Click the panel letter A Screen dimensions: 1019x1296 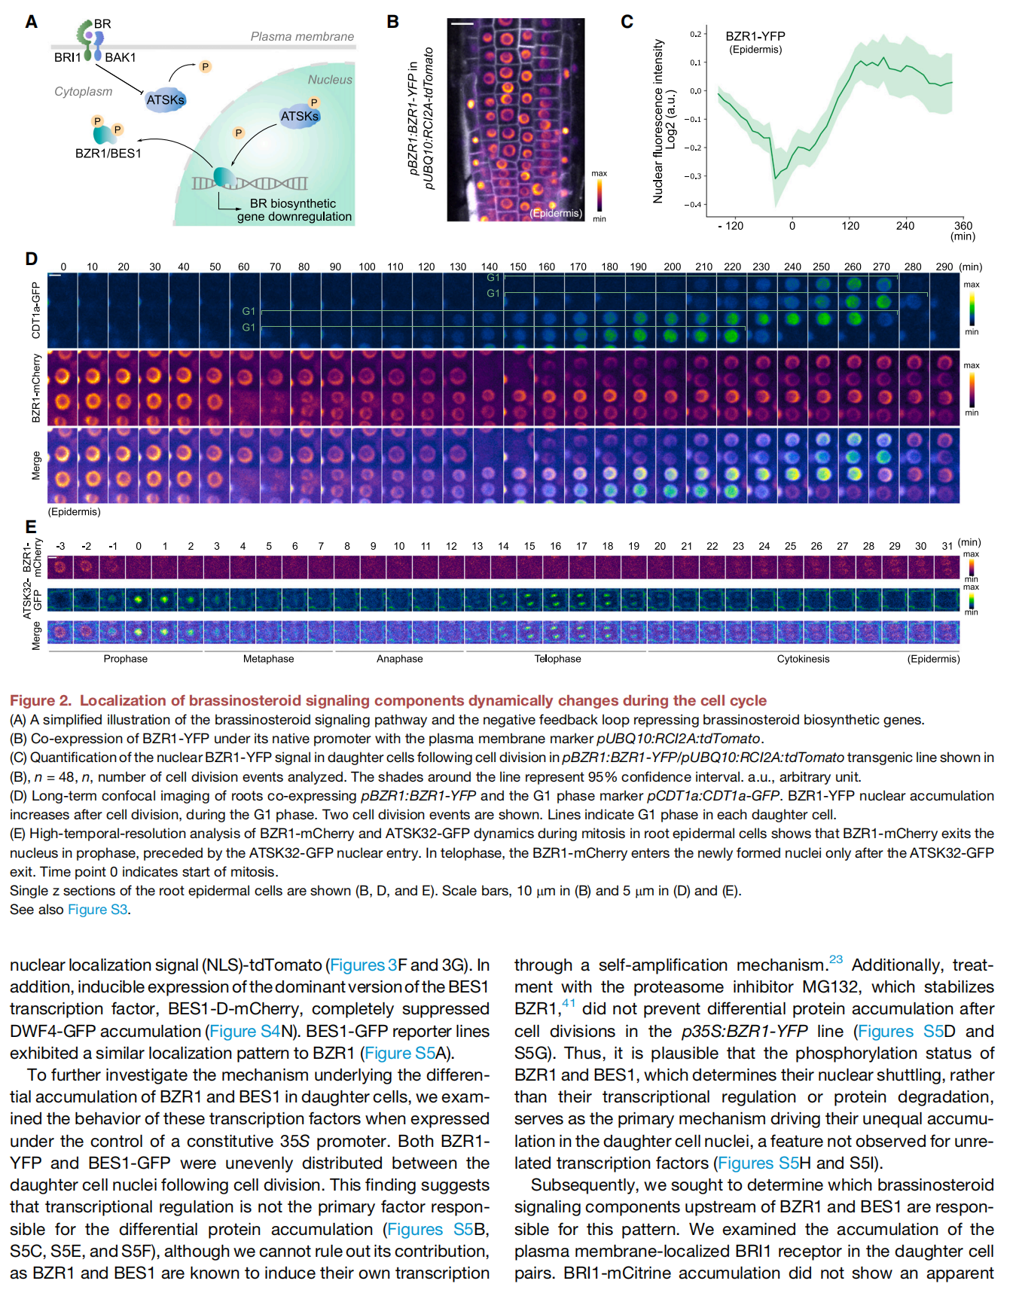pyautogui.click(x=31, y=22)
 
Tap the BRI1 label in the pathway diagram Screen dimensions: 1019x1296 pyautogui.click(x=67, y=57)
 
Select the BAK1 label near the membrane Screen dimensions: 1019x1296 pyautogui.click(x=120, y=57)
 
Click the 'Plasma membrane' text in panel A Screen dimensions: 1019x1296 pyautogui.click(x=302, y=36)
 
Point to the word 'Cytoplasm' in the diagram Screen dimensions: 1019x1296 pyautogui.click(x=83, y=92)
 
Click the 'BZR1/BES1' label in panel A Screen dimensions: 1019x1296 pyautogui.click(x=108, y=154)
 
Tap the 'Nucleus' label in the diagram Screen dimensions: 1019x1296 pyautogui.click(x=330, y=80)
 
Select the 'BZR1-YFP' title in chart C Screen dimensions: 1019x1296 pyautogui.click(x=755, y=36)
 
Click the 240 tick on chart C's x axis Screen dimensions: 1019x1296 pyautogui.click(x=905, y=226)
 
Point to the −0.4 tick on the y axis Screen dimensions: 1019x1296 pyautogui.click(x=691, y=205)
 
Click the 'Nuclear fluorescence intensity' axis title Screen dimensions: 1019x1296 pyautogui.click(x=658, y=121)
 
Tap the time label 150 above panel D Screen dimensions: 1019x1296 pyautogui.click(x=518, y=267)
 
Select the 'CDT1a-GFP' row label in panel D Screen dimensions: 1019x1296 pyautogui.click(x=35, y=310)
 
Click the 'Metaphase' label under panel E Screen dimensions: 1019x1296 pyautogui.click(x=268, y=659)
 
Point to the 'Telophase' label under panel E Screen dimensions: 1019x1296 pyautogui.click(x=557, y=659)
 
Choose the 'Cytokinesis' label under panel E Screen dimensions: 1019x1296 pyautogui.click(x=803, y=659)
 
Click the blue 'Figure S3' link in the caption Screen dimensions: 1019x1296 pyautogui.click(x=98, y=910)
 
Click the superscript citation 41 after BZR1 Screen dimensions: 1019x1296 pyautogui.click(x=569, y=1003)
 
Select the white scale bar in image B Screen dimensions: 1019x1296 pyautogui.click(x=462, y=25)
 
